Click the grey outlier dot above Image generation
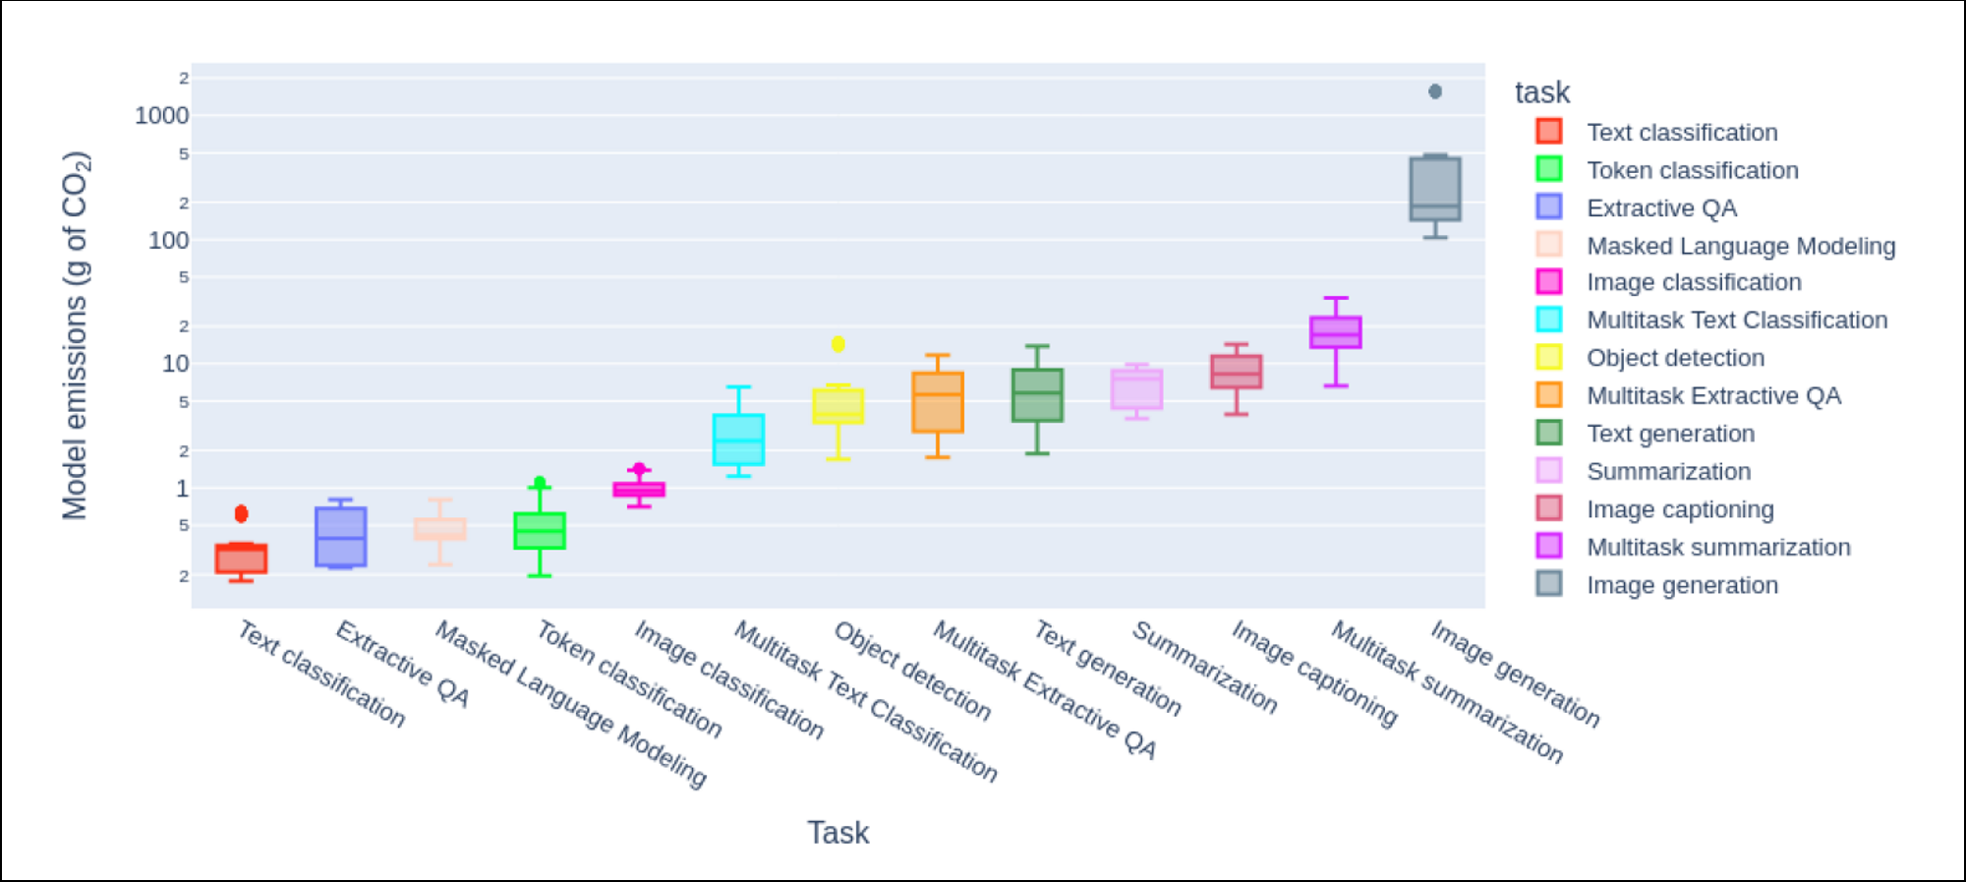(x=1435, y=91)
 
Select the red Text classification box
(x=241, y=559)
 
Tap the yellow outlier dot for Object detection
(x=838, y=344)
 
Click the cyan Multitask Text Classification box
(x=738, y=440)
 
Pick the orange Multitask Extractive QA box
(x=938, y=402)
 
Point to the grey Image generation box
(x=1435, y=189)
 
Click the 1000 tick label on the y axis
(x=162, y=116)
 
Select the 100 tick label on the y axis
(x=168, y=241)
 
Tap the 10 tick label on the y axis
(x=175, y=364)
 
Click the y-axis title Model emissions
(x=76, y=334)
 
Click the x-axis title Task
(x=838, y=833)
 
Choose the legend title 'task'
(x=1541, y=92)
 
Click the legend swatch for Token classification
(x=1549, y=169)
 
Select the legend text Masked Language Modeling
(x=1741, y=246)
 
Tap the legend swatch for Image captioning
(x=1549, y=508)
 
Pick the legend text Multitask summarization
(x=1718, y=548)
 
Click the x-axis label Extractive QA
(x=403, y=664)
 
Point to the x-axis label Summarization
(x=1205, y=667)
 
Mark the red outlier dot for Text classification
(x=241, y=513)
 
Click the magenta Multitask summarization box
(x=1336, y=332)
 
